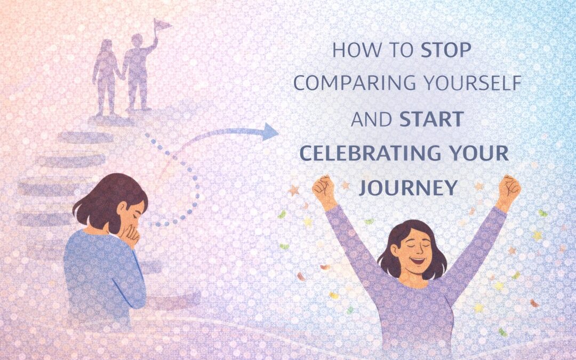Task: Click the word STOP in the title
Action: pos(445,50)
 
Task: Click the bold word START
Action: pos(431,119)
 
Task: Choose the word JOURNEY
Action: pos(408,187)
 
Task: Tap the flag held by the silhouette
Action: pos(162,26)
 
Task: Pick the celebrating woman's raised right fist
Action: pos(510,187)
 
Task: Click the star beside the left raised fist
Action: pos(294,190)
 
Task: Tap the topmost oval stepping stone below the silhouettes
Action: pos(85,137)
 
